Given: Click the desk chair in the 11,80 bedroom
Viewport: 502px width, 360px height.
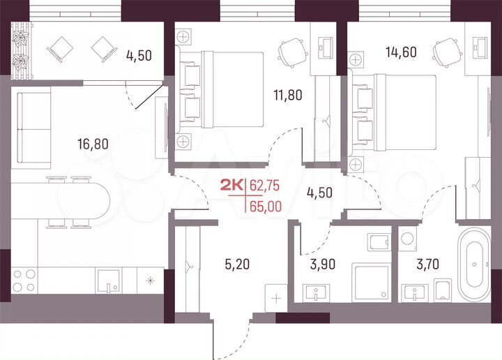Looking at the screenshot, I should click(291, 49).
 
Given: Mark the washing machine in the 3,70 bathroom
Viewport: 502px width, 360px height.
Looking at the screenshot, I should click(408, 240).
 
